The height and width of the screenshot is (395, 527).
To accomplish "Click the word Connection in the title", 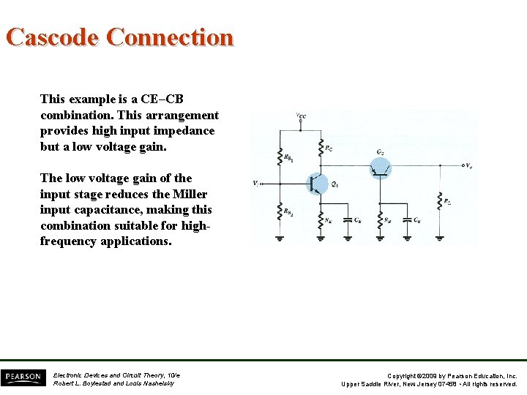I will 170,37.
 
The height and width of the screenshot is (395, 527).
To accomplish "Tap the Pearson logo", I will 23,377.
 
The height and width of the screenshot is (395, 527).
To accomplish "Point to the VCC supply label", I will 301,116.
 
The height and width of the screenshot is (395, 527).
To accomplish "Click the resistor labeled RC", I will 320,148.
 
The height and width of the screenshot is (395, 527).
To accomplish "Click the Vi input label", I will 256,183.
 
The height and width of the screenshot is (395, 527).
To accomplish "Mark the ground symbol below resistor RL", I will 439,237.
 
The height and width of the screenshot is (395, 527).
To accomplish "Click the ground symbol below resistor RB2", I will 280,237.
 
